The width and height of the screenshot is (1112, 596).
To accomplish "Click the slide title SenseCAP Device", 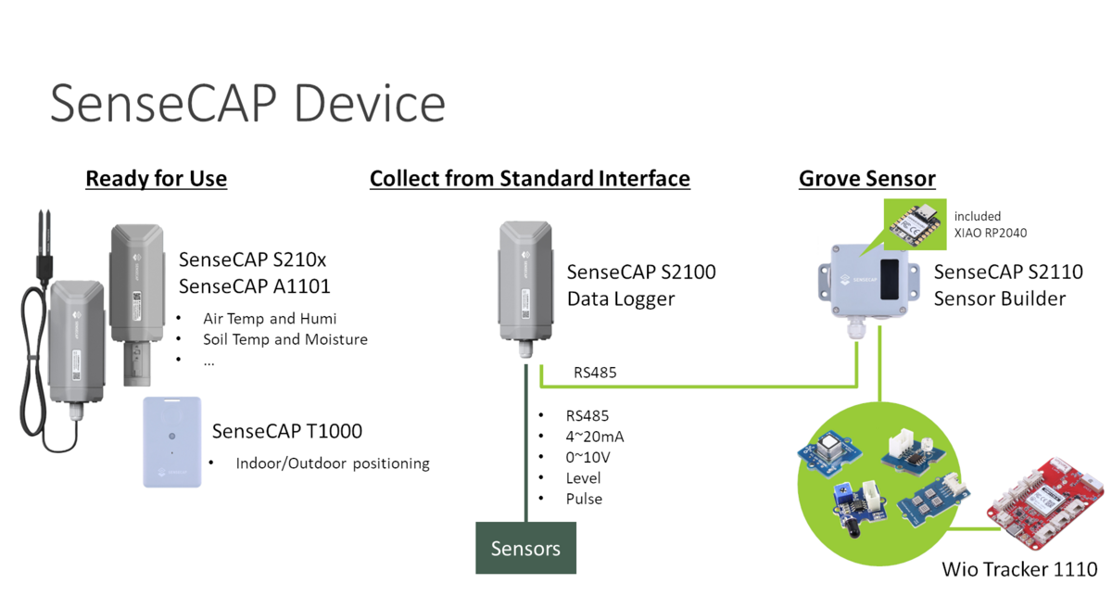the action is pyautogui.click(x=247, y=103).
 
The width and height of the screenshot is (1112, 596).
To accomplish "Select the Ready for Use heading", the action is pyautogui.click(x=157, y=178).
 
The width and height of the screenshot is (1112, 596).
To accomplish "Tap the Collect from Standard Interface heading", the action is pyautogui.click(x=530, y=178).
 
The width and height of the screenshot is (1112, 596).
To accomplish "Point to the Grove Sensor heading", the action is pyautogui.click(x=867, y=178).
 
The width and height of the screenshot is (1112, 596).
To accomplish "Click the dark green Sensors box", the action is pyautogui.click(x=525, y=548).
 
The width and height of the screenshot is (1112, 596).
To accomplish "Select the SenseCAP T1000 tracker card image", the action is pyautogui.click(x=171, y=441).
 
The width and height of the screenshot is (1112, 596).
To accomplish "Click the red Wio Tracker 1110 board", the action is pyautogui.click(x=1045, y=503).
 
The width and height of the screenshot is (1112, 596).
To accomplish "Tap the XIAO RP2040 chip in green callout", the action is pyautogui.click(x=915, y=225).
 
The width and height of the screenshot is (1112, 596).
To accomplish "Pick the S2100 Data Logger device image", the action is pyautogui.click(x=525, y=289).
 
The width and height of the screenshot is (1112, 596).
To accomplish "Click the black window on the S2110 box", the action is pyautogui.click(x=889, y=279).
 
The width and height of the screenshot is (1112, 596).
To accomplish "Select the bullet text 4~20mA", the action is pyautogui.click(x=595, y=437).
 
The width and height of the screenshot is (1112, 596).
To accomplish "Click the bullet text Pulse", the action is pyautogui.click(x=584, y=499).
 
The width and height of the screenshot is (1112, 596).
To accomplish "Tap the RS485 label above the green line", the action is pyautogui.click(x=595, y=373).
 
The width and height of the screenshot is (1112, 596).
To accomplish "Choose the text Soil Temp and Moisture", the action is pyautogui.click(x=285, y=339).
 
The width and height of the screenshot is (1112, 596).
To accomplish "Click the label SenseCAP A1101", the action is pyautogui.click(x=254, y=286).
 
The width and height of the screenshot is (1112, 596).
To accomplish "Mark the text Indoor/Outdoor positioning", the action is pyautogui.click(x=333, y=463).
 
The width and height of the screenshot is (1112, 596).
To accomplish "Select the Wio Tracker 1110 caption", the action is pyautogui.click(x=1019, y=569).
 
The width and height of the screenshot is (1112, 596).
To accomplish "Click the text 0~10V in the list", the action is pyautogui.click(x=588, y=457).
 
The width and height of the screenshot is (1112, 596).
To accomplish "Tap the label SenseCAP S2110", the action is pyautogui.click(x=1008, y=273).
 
